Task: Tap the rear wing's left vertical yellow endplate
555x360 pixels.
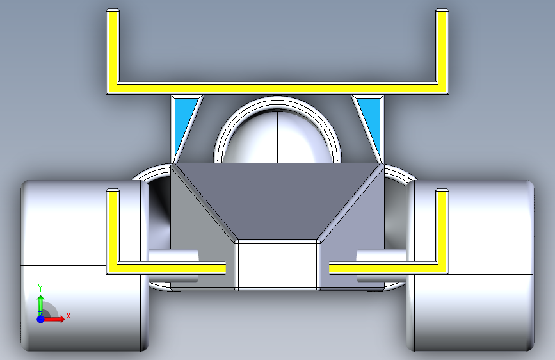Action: [x=113, y=48]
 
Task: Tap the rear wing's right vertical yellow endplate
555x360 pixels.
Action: [x=442, y=48]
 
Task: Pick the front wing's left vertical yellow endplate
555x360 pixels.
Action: [x=113, y=227]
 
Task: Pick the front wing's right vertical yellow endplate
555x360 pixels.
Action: [x=442, y=227]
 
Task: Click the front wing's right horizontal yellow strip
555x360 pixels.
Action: [x=384, y=266]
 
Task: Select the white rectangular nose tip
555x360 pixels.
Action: [x=277, y=264]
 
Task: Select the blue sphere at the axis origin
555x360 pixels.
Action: [x=40, y=318]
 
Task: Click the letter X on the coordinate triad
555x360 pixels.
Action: [x=68, y=316]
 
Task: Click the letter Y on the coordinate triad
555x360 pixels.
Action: [x=40, y=288]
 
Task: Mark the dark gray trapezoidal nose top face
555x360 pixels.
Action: [x=277, y=199]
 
